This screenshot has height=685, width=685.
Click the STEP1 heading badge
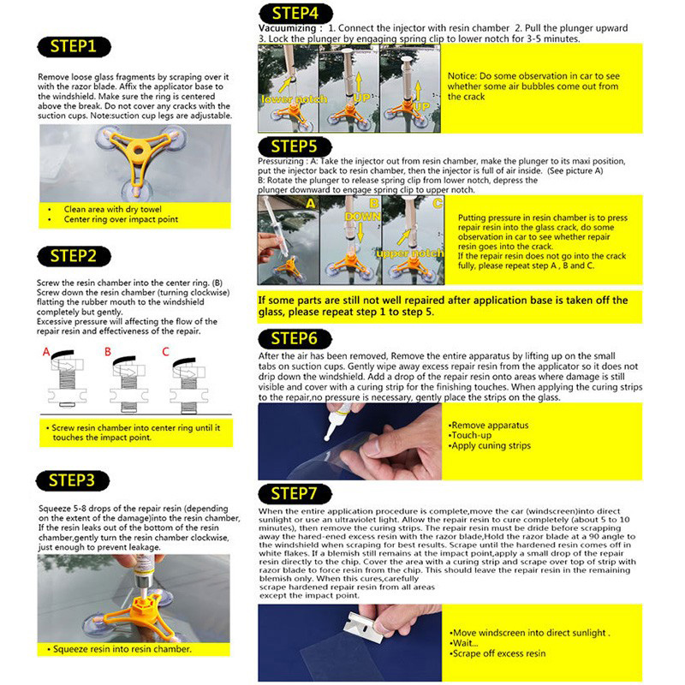[x=79, y=45]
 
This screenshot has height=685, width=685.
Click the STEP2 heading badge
[x=79, y=255]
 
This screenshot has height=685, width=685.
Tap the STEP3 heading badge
[x=79, y=480]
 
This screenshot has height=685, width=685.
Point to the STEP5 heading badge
[x=297, y=146]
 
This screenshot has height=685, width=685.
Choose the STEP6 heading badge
[x=297, y=338]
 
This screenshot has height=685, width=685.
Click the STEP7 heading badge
[x=297, y=494]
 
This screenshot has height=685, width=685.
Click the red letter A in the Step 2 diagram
[x=46, y=351]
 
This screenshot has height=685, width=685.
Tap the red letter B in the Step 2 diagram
[x=108, y=351]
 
